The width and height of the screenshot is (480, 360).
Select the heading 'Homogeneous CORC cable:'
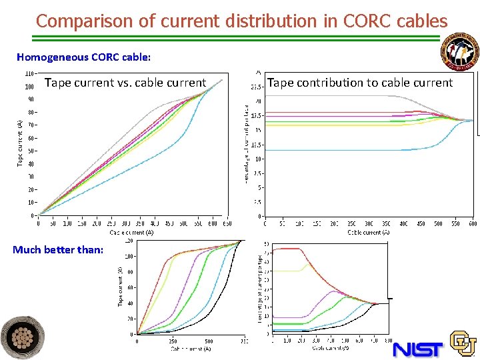[x=83, y=57]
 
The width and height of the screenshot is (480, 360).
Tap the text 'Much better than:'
[x=58, y=249]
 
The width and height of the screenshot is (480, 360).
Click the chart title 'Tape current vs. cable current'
[x=125, y=83]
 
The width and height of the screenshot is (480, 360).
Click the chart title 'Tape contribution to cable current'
[x=359, y=83]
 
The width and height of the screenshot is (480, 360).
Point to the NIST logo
[x=417, y=347]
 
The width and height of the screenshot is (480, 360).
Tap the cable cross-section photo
[x=23, y=337]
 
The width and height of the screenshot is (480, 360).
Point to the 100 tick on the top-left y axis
[x=29, y=87]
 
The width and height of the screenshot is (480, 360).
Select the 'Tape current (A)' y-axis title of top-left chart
[x=19, y=143]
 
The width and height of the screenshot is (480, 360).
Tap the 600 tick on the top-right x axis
[x=473, y=224]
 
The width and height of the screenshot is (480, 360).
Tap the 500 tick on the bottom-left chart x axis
[x=209, y=341]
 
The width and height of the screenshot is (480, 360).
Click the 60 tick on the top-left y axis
[x=31, y=138]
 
